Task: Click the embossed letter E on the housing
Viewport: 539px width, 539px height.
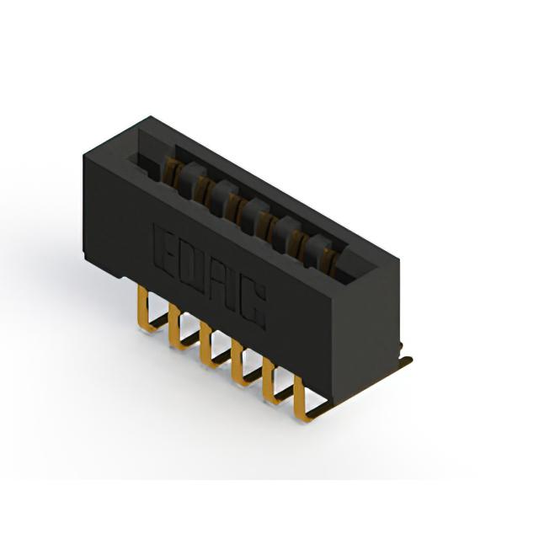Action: pyautogui.click(x=164, y=251)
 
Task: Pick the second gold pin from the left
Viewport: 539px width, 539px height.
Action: pyautogui.click(x=176, y=328)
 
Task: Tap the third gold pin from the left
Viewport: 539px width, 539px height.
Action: pyautogui.click(x=207, y=346)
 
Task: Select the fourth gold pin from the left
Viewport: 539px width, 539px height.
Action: pyautogui.click(x=238, y=365)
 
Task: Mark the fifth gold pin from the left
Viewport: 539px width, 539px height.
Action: pyautogui.click(x=269, y=382)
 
